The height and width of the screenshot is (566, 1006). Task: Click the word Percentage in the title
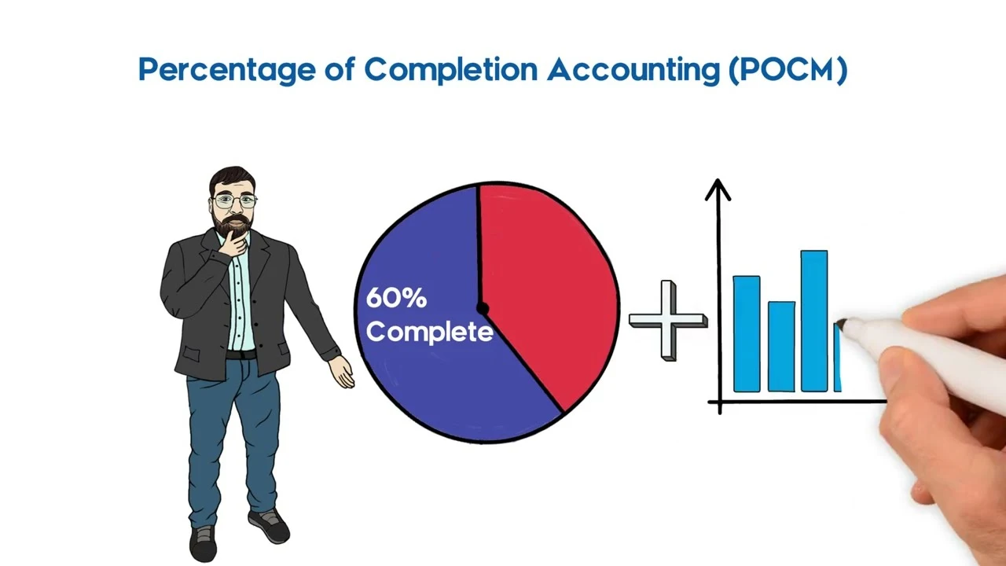227,70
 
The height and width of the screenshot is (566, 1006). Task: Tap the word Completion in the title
451,70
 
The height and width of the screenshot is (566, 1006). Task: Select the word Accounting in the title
633,70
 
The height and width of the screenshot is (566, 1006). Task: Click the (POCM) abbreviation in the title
788,70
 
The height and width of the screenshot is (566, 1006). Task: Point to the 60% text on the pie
396,298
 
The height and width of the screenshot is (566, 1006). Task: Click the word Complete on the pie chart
430,333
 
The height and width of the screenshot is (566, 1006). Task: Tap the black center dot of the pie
482,309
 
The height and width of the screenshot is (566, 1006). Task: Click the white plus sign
668,321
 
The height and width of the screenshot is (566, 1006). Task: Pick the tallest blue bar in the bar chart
814,322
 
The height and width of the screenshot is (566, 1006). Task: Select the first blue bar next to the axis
747,334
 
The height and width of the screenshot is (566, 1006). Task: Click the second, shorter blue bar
781,347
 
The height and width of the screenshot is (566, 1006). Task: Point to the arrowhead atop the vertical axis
718,189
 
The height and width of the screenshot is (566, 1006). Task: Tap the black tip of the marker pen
841,325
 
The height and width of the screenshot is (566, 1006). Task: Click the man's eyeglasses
235,200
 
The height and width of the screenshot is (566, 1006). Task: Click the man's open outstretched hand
342,372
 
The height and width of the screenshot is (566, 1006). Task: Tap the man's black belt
241,355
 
